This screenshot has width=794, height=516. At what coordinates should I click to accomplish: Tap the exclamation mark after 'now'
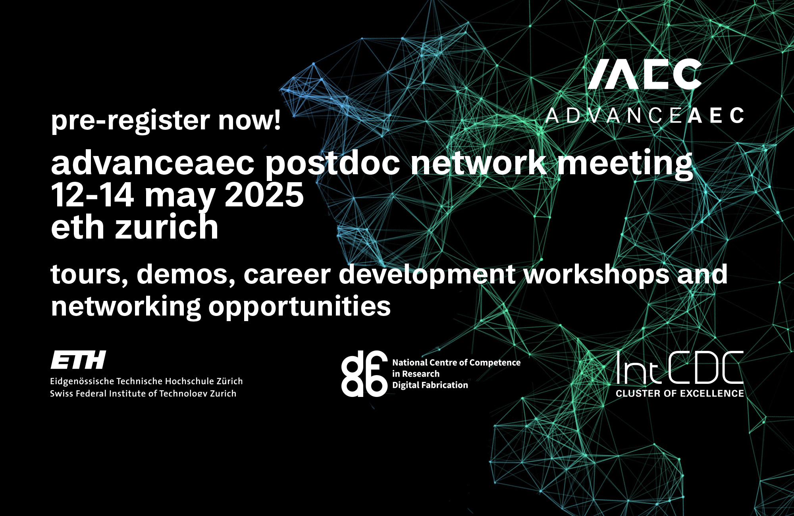click(x=276, y=119)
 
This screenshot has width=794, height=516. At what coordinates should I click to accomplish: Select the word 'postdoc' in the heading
click(x=333, y=164)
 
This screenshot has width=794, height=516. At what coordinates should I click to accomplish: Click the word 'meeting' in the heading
click(x=625, y=164)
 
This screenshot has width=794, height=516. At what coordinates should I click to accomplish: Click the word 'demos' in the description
click(x=186, y=275)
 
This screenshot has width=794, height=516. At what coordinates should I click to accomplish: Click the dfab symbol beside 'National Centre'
click(x=364, y=374)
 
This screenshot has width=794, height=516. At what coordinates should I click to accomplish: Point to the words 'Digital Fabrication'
click(x=430, y=385)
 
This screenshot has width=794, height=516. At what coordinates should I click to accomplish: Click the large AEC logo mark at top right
click(x=645, y=74)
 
